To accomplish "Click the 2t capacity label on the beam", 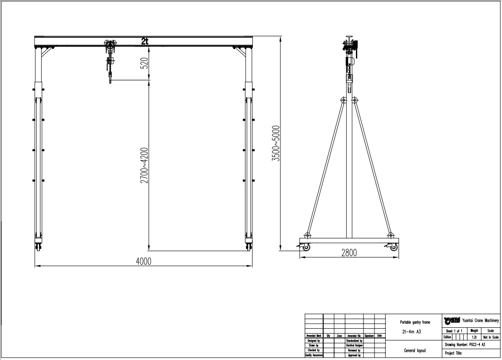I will coord(144,41).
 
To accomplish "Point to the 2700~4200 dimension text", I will coord(144,165).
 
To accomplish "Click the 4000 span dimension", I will coord(143,261).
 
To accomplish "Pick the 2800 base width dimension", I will coord(349,253).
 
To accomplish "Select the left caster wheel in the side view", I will coord(306,247).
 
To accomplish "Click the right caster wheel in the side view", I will coord(393,247).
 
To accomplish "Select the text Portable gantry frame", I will coord(412,322).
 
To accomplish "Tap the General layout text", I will coord(414,350).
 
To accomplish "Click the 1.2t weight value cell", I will coord(474,337).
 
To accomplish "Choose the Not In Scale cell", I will coord(491,337).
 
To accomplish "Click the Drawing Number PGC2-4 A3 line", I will coord(465,345).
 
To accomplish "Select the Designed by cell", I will coord(314,340).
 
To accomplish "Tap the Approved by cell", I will coord(354,355).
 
